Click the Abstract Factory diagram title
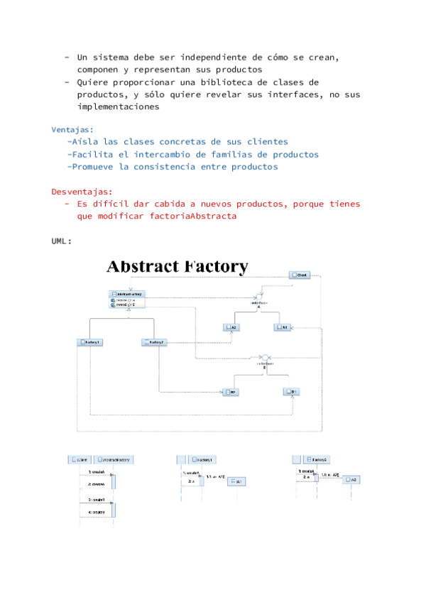point(177,267)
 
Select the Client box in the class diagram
point(299,275)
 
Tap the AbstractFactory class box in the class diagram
point(127,294)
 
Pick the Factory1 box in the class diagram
point(90,342)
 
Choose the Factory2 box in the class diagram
point(154,342)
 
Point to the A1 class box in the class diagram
point(282,327)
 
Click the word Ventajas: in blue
point(72,129)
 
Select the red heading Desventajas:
point(82,192)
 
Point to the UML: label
point(61,241)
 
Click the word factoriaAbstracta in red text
point(193,217)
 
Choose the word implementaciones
point(118,107)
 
